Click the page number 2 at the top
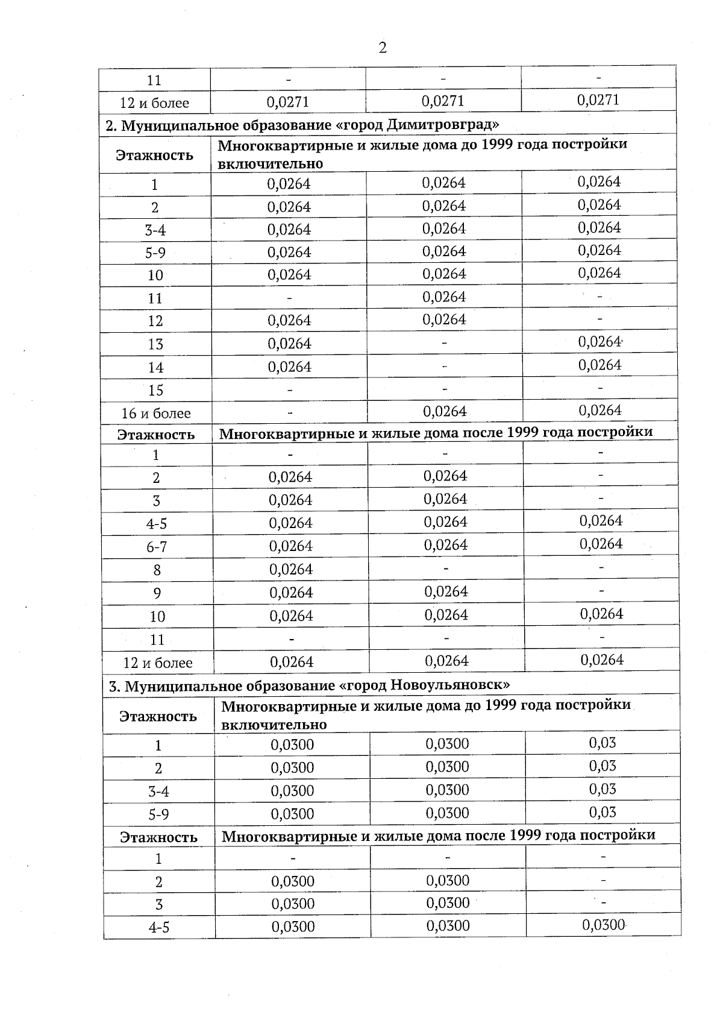point(383,48)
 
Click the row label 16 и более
point(155,414)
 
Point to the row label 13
point(155,344)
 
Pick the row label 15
point(155,390)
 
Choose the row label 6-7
point(157,547)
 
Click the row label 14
point(155,367)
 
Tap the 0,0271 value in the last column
point(598,100)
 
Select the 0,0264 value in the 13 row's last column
point(599,342)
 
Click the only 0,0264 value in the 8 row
point(291,569)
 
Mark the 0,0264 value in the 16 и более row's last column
point(600,411)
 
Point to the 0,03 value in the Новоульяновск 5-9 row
point(602,812)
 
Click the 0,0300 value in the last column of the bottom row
point(604,925)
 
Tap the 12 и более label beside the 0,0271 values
point(154,103)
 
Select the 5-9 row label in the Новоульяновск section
point(158,815)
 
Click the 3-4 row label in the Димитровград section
point(155,230)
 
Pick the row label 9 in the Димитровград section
point(157,593)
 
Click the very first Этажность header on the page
point(155,156)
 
